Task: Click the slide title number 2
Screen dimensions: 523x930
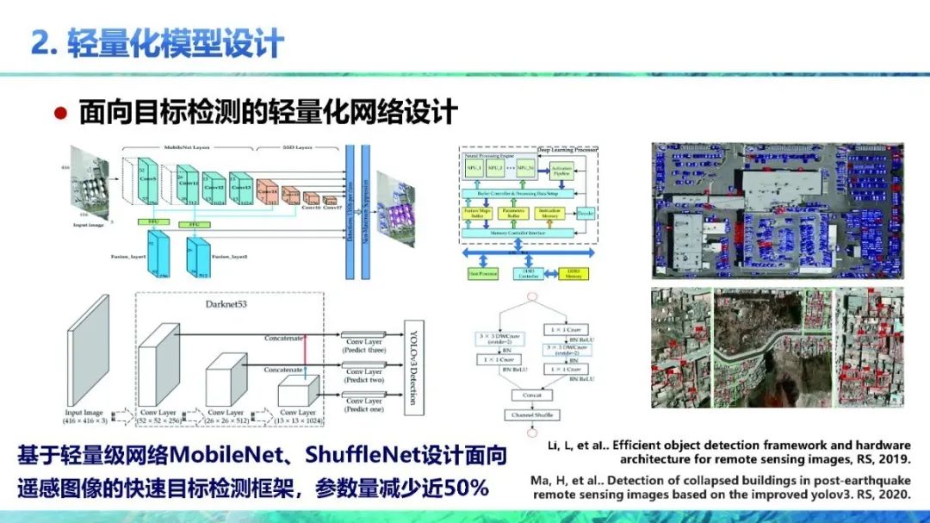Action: click(x=40, y=43)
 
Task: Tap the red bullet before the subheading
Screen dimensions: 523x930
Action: click(x=61, y=112)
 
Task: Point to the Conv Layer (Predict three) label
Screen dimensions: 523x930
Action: click(x=365, y=346)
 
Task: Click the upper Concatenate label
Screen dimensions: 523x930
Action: click(x=283, y=339)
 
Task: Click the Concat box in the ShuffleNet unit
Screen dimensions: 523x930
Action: click(x=530, y=395)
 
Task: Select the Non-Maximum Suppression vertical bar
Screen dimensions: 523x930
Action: click(x=367, y=211)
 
